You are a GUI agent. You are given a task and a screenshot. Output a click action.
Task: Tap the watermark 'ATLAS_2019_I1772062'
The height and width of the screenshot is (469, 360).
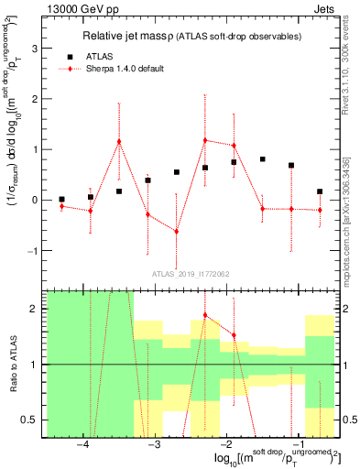pos(190,273)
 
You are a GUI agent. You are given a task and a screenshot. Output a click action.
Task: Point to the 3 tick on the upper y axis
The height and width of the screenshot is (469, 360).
pos(35,49)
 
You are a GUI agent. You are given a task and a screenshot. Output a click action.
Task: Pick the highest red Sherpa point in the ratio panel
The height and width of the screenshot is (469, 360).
pos(205,315)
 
